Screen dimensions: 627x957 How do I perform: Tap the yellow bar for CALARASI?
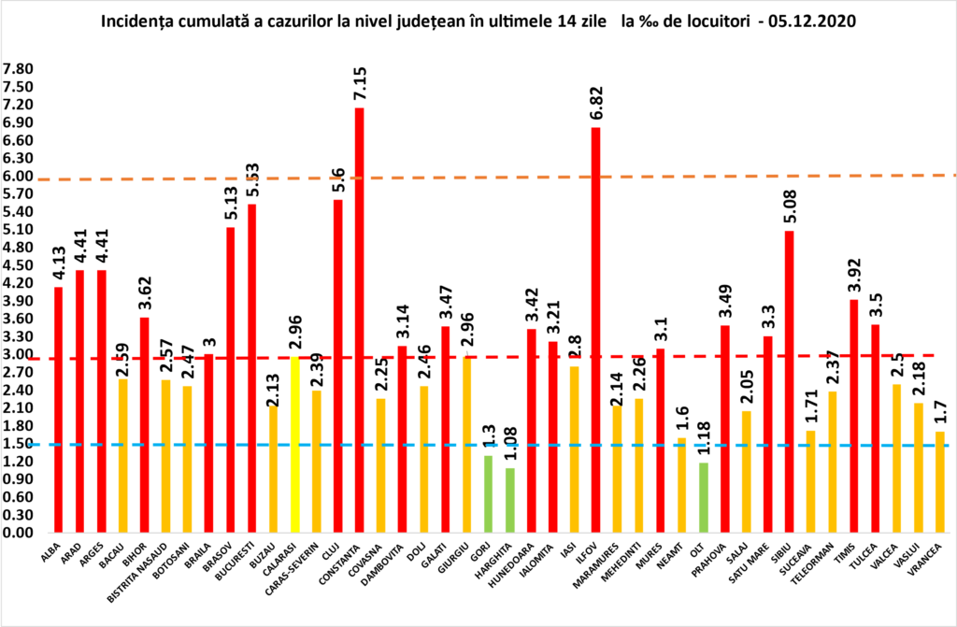[x=294, y=445]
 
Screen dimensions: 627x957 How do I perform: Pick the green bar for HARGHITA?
[x=508, y=501]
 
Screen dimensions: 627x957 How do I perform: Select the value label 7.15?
[x=359, y=83]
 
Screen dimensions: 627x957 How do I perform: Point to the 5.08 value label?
[x=789, y=206]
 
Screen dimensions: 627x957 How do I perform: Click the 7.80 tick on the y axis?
[x=19, y=69]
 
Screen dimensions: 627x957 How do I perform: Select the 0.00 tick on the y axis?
[x=19, y=533]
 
